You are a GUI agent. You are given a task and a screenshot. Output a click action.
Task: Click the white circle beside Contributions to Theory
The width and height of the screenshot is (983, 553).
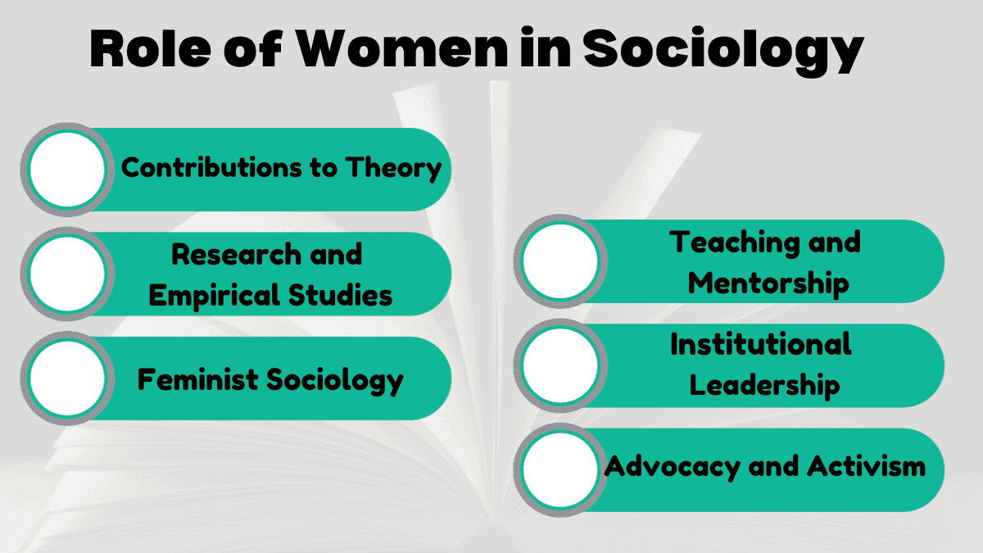click(x=67, y=170)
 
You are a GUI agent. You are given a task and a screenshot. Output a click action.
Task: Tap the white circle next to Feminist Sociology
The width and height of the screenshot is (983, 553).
click(x=67, y=378)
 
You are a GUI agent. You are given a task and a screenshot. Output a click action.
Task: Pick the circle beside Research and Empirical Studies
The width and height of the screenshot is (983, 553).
click(x=67, y=274)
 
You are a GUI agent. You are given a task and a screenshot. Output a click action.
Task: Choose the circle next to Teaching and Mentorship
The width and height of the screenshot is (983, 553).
click(x=560, y=261)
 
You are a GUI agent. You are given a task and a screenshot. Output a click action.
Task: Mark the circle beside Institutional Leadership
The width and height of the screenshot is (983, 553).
click(x=560, y=365)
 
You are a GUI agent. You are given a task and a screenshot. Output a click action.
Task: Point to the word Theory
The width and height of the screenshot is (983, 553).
click(x=394, y=168)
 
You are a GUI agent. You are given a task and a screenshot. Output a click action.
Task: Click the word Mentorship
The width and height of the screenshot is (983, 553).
click(x=768, y=283)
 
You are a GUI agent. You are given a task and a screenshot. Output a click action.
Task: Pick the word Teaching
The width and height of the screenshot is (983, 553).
click(x=722, y=243)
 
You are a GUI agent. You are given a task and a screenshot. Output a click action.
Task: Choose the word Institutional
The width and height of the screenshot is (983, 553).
click(x=761, y=344)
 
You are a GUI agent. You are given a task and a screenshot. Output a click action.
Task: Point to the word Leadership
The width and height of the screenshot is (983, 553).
click(x=764, y=385)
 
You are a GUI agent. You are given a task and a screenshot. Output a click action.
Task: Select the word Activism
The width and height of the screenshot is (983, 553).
click(x=866, y=467)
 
